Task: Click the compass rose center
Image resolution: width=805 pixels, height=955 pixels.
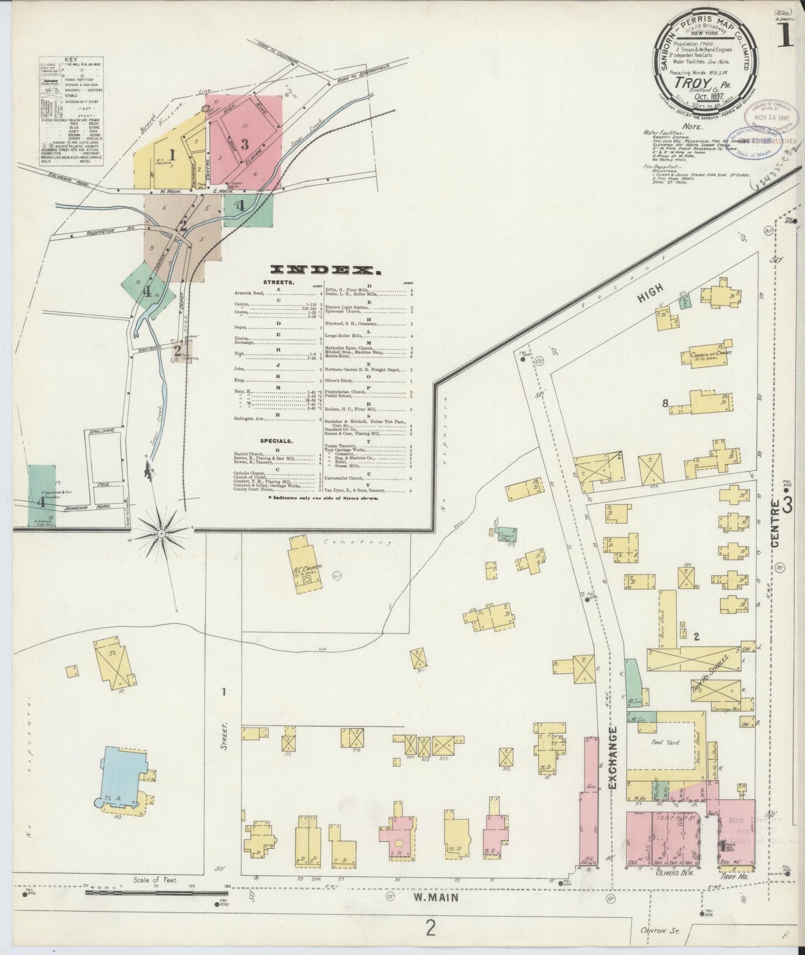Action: tap(161, 534)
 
